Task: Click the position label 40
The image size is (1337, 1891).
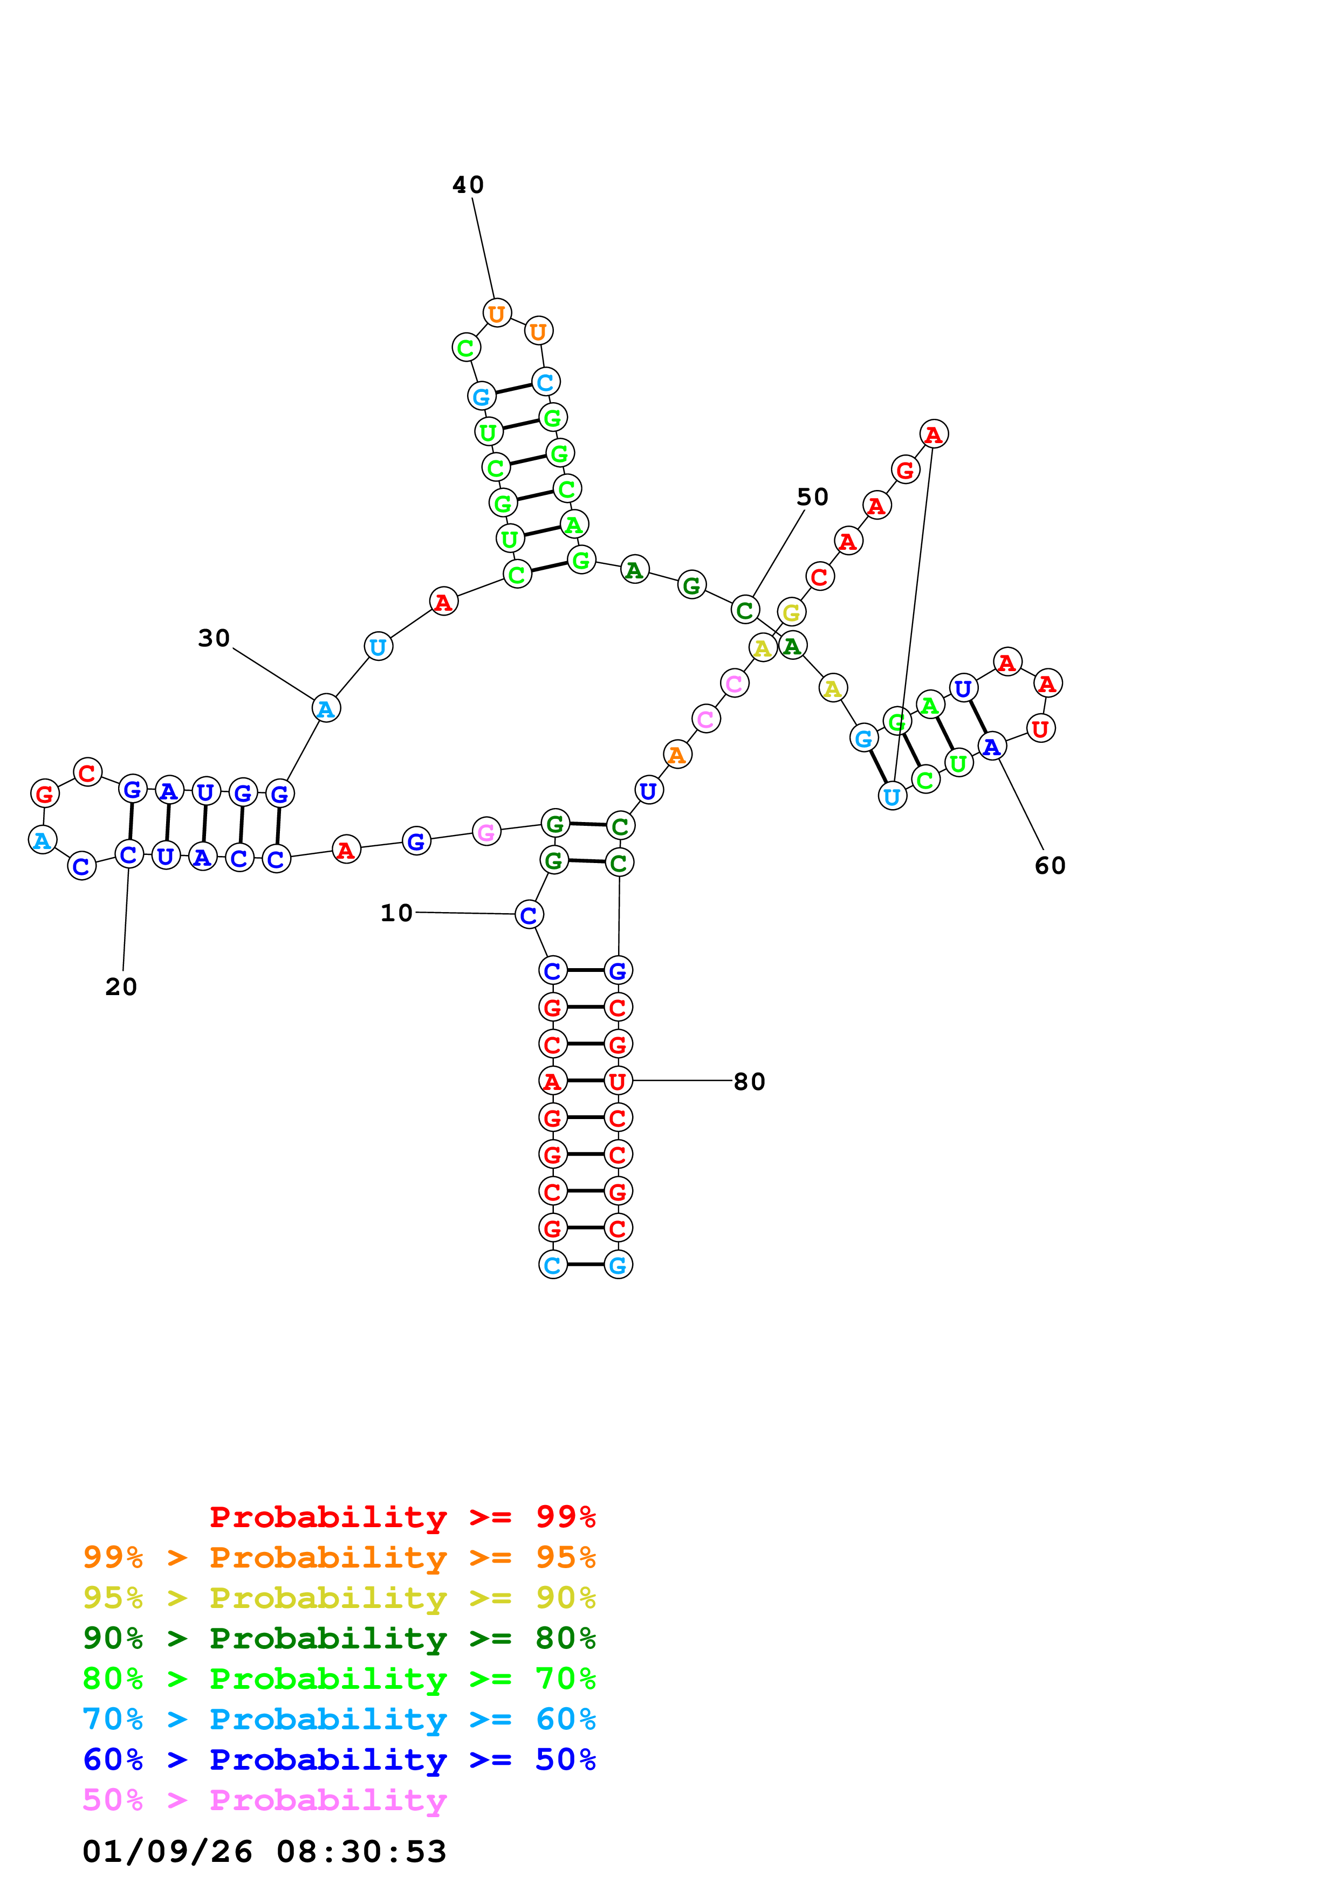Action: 468,185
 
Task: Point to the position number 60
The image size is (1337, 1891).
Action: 1050,866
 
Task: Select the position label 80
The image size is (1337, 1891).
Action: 749,1081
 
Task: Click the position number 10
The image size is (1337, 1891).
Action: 396,913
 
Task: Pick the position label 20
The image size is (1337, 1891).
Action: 121,986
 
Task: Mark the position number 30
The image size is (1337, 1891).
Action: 214,638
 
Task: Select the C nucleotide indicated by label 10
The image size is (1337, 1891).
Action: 529,914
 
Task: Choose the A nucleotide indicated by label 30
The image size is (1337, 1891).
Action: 326,708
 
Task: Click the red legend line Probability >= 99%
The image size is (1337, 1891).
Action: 403,1517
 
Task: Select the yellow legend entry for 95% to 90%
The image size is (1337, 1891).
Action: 339,1598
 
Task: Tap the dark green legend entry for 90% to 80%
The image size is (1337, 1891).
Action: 339,1638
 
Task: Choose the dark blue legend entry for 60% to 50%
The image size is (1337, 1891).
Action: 339,1759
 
